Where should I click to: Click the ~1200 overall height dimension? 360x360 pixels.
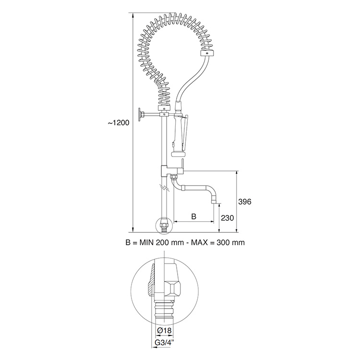119,123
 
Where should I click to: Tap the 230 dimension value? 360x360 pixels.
228,217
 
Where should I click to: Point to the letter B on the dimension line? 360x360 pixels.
194,216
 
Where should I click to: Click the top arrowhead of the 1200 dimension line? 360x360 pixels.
133,13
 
